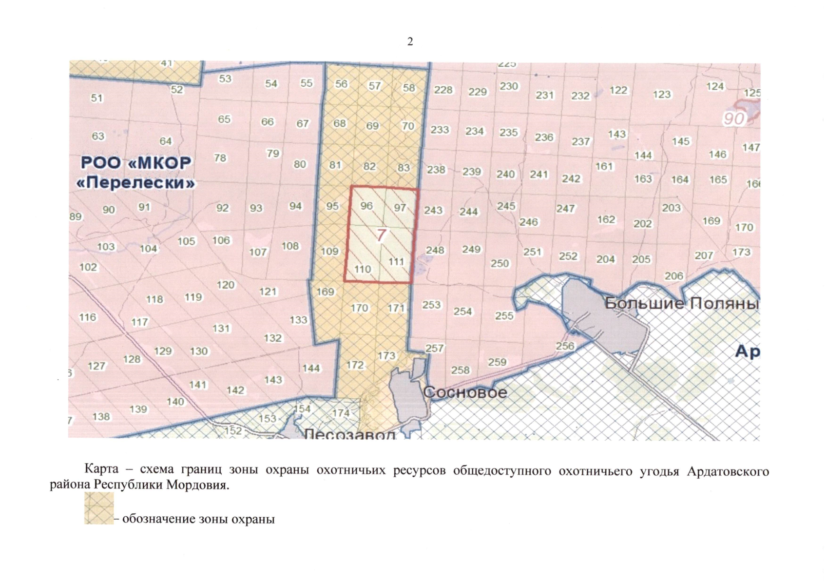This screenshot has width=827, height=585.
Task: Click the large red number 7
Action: [381, 235]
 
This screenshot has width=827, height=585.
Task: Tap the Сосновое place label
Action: [465, 392]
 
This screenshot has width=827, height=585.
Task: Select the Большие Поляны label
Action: [681, 303]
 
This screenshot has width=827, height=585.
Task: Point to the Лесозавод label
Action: [349, 434]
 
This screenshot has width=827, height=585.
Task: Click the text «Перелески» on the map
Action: [136, 183]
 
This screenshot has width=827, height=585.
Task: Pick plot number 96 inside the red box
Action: [366, 206]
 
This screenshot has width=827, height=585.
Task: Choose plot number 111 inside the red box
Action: [396, 262]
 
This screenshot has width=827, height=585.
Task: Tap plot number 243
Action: [433, 210]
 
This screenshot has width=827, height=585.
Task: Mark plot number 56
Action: [341, 84]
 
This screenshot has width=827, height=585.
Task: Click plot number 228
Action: [443, 90]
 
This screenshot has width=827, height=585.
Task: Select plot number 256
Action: [565, 346]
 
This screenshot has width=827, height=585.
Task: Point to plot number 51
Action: [97, 98]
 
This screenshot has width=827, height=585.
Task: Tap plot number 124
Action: [715, 86]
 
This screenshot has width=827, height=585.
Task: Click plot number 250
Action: [500, 263]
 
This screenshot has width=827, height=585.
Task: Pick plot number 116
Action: [88, 317]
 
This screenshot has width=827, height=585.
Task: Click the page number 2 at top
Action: [410, 42]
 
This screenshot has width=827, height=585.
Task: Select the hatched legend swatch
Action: [99, 508]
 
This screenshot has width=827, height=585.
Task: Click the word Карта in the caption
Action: [101, 469]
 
